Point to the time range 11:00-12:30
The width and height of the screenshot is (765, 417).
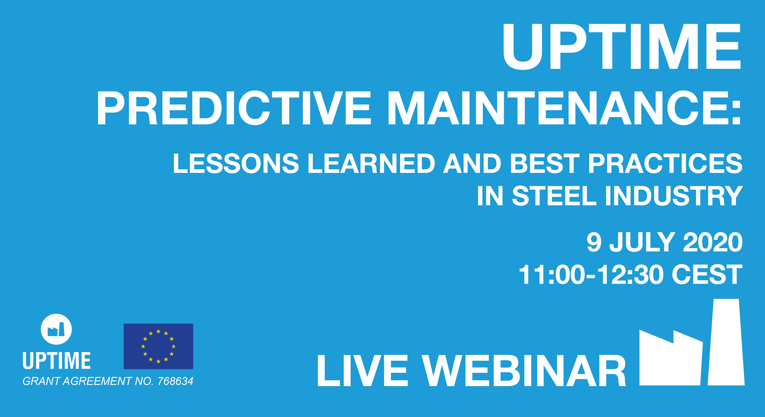coord(591,275)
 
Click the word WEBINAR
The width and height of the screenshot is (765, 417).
coord(524,371)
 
